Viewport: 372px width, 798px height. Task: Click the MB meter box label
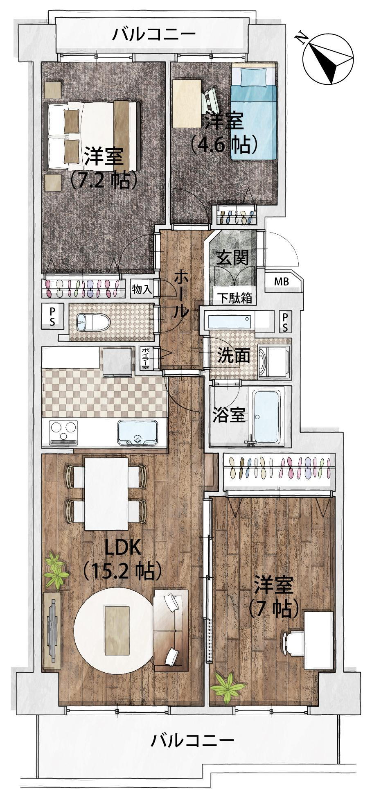pyautogui.click(x=281, y=282)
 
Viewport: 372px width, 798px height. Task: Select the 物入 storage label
pyautogui.click(x=142, y=289)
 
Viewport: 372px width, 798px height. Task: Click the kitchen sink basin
pyautogui.click(x=138, y=433)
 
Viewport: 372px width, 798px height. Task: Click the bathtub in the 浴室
pyautogui.click(x=267, y=416)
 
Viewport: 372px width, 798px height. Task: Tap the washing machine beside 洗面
pyautogui.click(x=275, y=361)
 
